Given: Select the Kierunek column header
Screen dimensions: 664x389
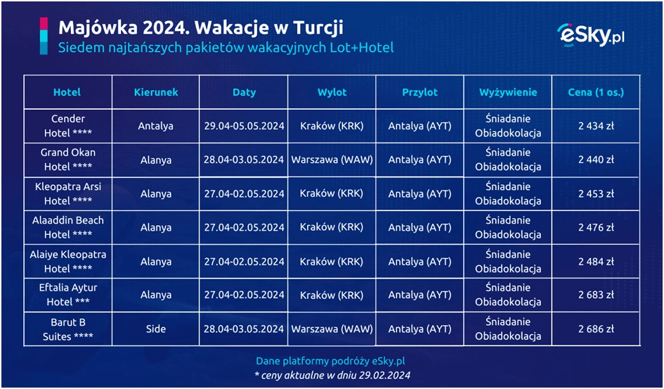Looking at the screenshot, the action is (x=156, y=92).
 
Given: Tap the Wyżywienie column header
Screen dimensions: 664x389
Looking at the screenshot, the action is (x=508, y=92).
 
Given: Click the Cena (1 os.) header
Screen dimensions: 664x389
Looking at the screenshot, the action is (x=596, y=92).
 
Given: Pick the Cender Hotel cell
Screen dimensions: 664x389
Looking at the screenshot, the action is (x=68, y=126).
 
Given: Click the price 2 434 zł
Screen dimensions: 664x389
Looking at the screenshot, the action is (x=596, y=126).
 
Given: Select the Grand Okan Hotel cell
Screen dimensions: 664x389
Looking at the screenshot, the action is (x=68, y=160).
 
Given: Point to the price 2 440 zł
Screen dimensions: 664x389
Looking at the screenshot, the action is (x=596, y=160).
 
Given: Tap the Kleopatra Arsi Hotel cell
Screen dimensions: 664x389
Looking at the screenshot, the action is (x=68, y=193).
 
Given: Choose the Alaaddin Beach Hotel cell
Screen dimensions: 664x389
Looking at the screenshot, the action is (x=68, y=227).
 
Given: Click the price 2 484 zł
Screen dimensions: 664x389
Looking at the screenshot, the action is (x=596, y=262).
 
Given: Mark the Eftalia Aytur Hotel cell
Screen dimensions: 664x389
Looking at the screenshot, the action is (x=68, y=295).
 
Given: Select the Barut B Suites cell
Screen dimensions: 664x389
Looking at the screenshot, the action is (x=68, y=329).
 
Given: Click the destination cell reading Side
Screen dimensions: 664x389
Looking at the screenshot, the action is (x=156, y=329).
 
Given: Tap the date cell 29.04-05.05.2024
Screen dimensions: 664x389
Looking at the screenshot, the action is (x=244, y=127).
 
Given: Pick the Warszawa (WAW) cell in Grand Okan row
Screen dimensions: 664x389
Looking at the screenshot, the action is (x=332, y=160).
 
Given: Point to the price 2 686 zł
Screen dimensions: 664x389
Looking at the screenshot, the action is (x=596, y=329).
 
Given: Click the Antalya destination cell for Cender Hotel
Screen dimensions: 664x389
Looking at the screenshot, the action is (x=156, y=127).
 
